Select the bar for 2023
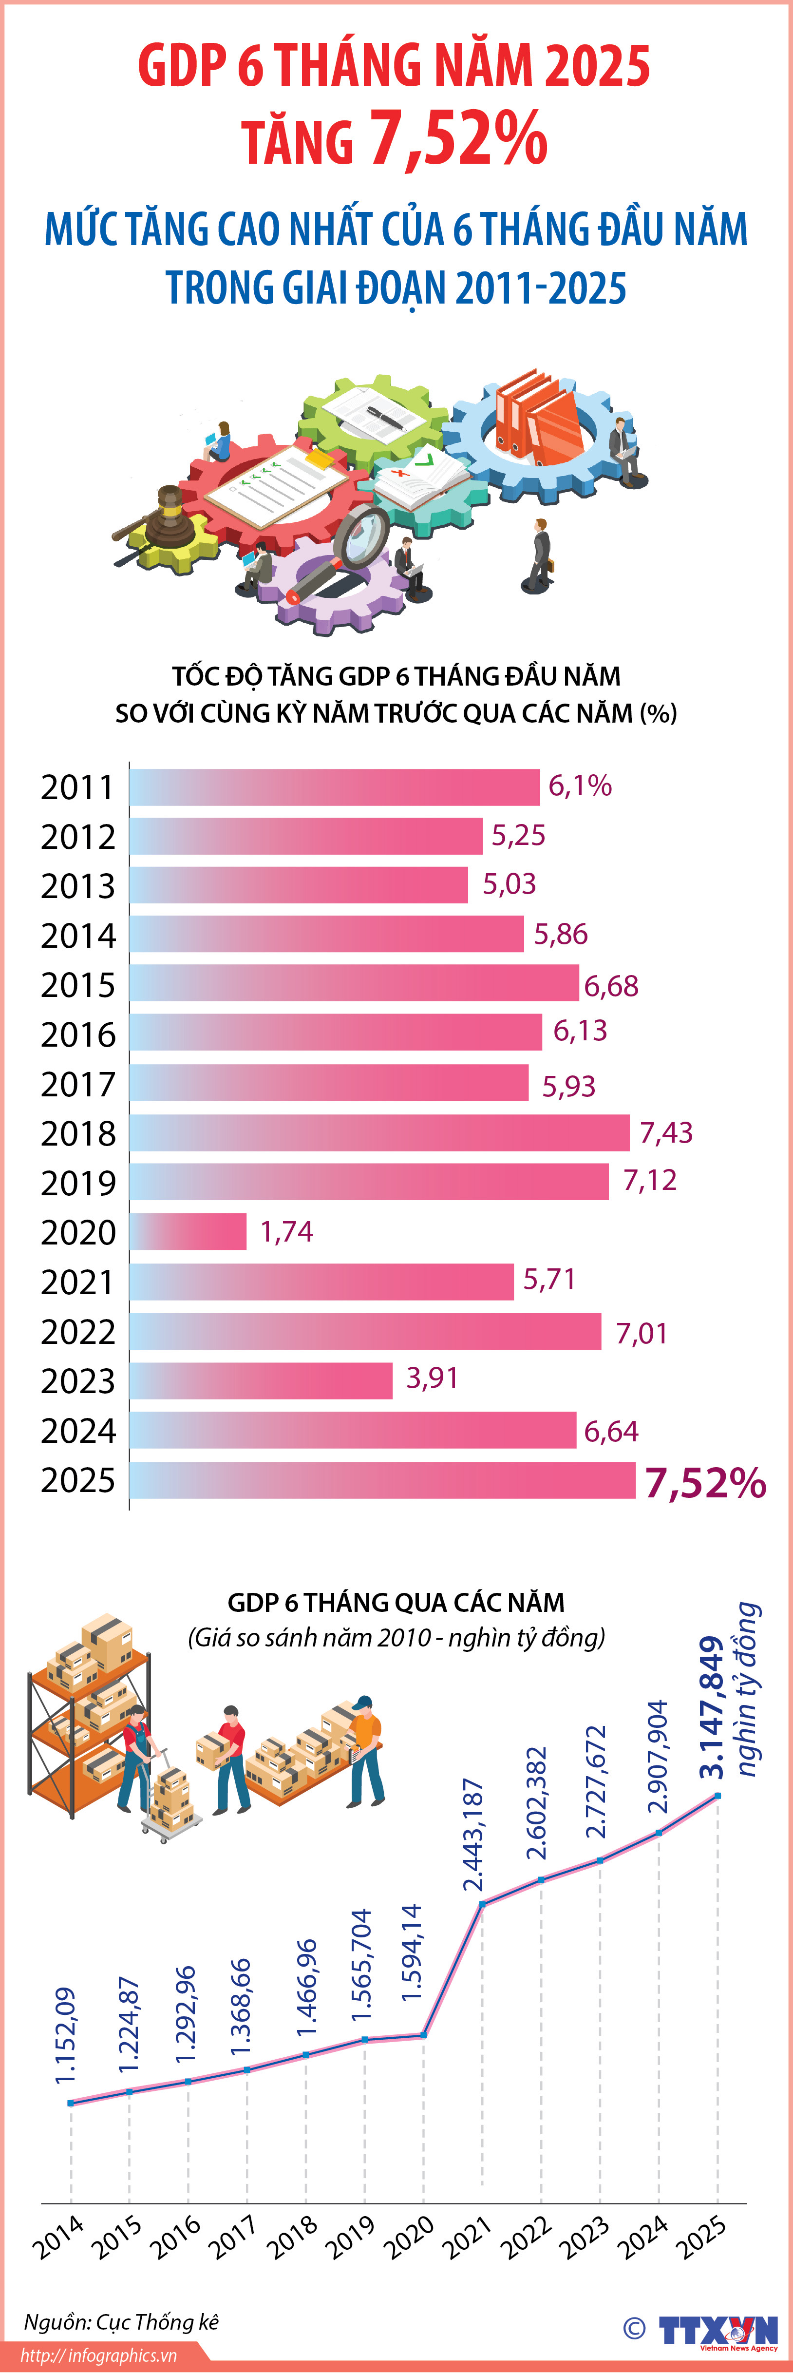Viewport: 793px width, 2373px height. tap(261, 1380)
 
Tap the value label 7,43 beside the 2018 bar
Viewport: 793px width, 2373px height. tap(666, 1132)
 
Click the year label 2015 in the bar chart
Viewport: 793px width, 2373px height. tap(78, 985)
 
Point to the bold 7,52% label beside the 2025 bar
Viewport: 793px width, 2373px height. tap(704, 1482)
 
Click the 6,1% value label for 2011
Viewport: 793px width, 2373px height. tap(579, 786)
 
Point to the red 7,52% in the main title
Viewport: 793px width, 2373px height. tap(458, 139)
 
